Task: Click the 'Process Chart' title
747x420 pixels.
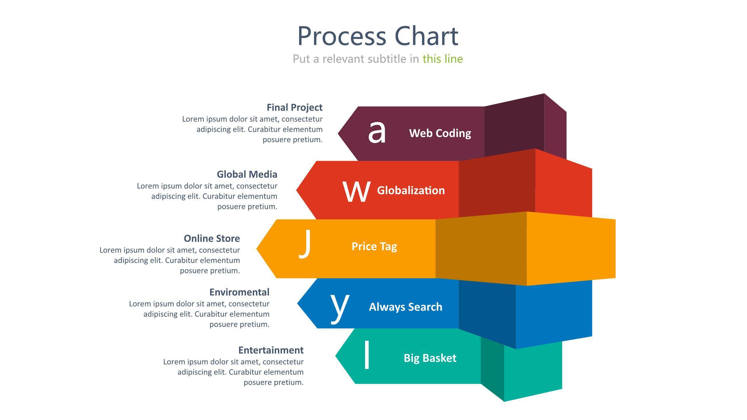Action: tap(378, 36)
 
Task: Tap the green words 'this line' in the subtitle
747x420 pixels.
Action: tap(443, 59)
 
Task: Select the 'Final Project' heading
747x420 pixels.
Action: tap(294, 107)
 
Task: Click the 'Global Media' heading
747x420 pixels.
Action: tap(247, 174)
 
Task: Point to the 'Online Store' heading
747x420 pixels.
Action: tap(212, 239)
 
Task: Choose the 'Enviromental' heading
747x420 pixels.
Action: tap(239, 292)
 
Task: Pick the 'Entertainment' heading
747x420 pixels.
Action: tap(271, 350)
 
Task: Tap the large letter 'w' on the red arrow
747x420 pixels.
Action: tap(356, 191)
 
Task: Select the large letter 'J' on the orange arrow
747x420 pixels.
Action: tap(305, 244)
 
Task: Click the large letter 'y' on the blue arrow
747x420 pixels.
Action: tap(340, 308)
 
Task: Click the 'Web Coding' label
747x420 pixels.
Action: tap(440, 133)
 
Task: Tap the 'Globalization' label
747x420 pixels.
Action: tap(411, 190)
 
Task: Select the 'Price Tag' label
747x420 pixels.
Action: tap(374, 246)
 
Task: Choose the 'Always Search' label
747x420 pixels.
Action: tap(406, 307)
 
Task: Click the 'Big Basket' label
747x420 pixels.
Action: tap(430, 358)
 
